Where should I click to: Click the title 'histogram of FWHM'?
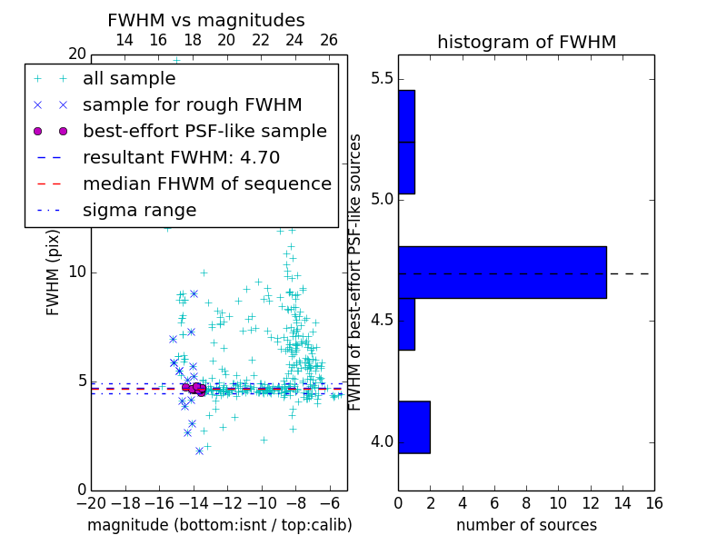526,42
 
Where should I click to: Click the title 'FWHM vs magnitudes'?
206,21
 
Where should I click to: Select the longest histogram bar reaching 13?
502,272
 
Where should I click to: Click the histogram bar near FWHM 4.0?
413,427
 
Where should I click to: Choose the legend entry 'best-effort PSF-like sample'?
204,131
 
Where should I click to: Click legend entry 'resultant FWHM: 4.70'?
181,157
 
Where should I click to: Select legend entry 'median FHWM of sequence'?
206,183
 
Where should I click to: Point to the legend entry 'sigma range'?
139,210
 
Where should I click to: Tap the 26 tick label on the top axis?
329,40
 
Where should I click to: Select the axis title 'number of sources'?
526,525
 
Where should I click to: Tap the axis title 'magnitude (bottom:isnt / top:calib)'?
219,525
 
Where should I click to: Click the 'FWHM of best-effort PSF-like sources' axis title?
356,272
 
